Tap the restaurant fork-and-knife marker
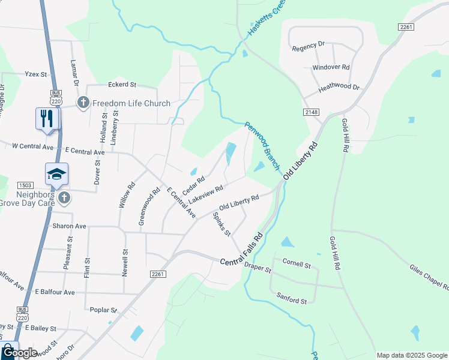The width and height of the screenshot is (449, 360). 47,118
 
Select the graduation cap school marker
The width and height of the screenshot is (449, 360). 56,174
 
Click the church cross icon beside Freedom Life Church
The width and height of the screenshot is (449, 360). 83,103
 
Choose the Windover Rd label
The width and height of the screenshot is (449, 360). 331,67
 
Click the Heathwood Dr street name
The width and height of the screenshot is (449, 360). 339,88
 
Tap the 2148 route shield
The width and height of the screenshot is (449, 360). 311,112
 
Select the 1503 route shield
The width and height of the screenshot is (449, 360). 25,185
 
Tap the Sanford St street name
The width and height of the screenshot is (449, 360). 292,296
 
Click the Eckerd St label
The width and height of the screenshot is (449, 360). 122,85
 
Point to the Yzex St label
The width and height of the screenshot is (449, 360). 35,74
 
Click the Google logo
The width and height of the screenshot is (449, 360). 21,353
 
